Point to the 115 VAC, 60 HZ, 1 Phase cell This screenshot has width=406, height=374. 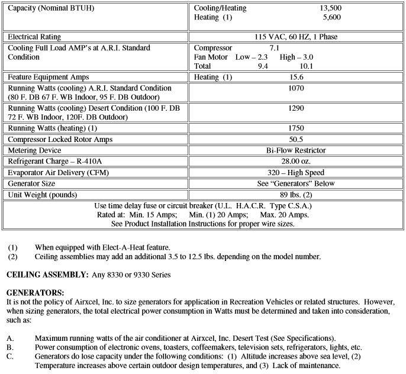pyautogui.click(x=298, y=37)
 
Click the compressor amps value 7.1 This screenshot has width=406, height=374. pyautogui.click(x=274, y=47)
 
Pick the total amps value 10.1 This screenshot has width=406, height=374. pyautogui.click(x=323, y=66)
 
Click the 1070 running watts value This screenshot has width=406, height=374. pyautogui.click(x=297, y=88)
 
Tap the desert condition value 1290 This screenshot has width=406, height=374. pyautogui.click(x=297, y=108)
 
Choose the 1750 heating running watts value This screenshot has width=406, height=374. pyautogui.click(x=297, y=128)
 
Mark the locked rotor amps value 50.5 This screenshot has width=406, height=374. pyautogui.click(x=297, y=139)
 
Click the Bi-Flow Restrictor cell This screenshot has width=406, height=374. pyautogui.click(x=297, y=150)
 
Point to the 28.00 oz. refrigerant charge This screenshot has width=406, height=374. pyautogui.click(x=297, y=161)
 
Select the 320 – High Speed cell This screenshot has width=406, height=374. pyautogui.click(x=297, y=172)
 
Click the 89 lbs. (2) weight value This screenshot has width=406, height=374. pyautogui.click(x=297, y=195)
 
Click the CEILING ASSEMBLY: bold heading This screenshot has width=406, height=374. pyautogui.click(x=39, y=275)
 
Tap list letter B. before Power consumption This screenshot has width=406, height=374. pyautogui.click(x=10, y=347)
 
